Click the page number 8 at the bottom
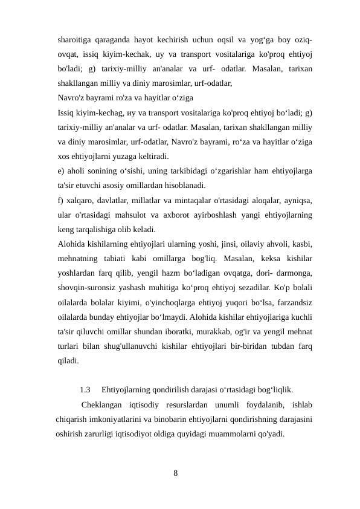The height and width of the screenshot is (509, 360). (176, 473)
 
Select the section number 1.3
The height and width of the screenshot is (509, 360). (86, 391)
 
